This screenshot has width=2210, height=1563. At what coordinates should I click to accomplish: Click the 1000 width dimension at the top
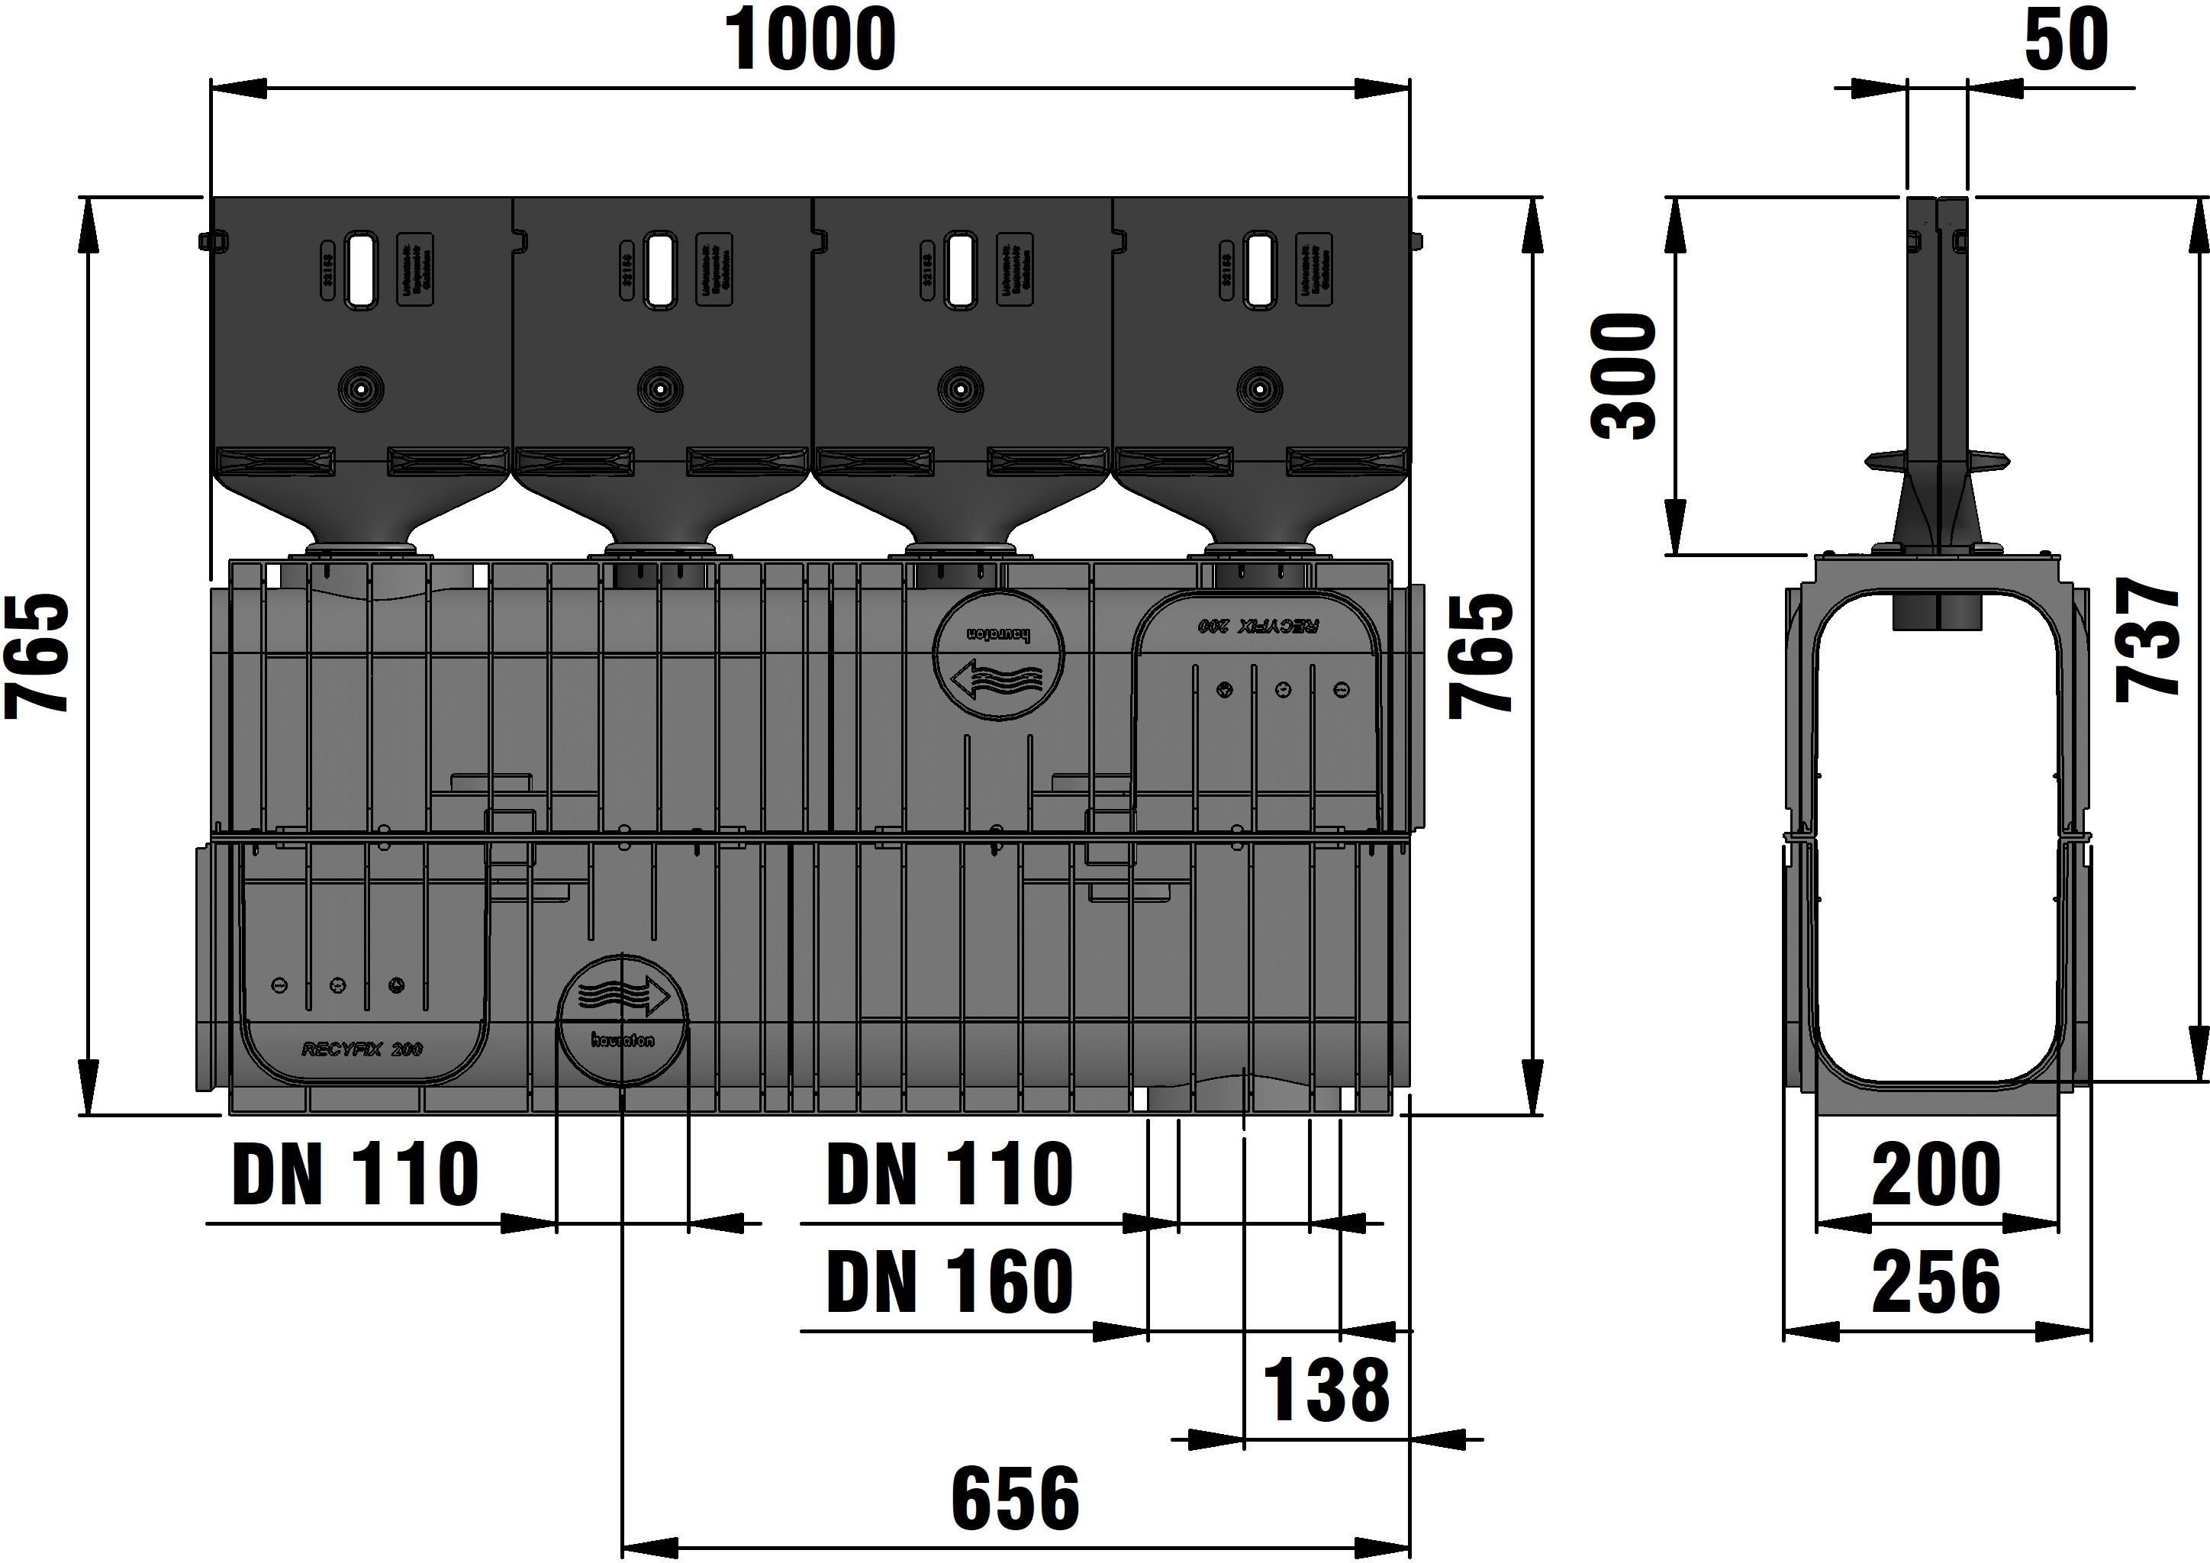tap(810, 40)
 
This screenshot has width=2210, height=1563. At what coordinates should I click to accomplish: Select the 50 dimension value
tap(2066, 40)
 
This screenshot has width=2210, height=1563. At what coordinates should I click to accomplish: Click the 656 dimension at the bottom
tap(1016, 1499)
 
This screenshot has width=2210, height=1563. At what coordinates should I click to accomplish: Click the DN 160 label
tap(949, 1282)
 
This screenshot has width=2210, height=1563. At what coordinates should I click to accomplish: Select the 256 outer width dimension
tap(1936, 1283)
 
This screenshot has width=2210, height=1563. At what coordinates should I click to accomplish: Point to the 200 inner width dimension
tap(1936, 1175)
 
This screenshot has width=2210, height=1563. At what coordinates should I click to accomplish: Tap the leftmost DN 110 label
tap(355, 1175)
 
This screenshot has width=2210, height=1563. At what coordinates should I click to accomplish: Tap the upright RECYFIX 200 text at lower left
tap(362, 1049)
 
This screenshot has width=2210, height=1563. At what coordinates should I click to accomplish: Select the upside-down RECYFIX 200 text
tap(1258, 626)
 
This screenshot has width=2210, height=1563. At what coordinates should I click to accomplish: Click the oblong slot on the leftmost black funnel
tap(361, 269)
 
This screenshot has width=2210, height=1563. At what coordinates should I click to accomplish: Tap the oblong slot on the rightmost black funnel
tap(1258, 269)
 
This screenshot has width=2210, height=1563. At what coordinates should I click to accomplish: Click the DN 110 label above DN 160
tap(949, 1175)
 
